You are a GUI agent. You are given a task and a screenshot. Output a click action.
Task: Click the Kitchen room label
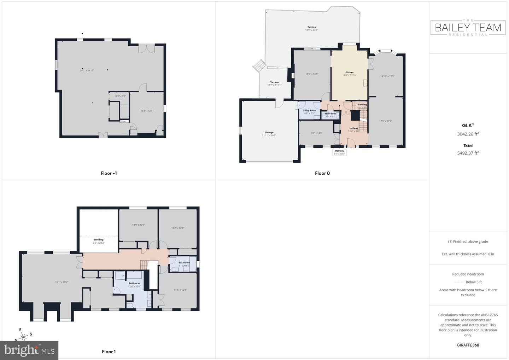pos(349,72)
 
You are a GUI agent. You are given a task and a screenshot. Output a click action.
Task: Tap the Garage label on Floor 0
pos(269,133)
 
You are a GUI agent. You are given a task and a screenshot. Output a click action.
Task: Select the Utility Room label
pos(309,111)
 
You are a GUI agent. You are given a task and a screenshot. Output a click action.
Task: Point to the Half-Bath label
pos(330,114)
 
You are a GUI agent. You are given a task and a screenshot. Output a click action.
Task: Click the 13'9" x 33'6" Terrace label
pos(311,27)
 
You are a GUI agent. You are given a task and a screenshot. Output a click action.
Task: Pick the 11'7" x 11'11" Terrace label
pos(274,82)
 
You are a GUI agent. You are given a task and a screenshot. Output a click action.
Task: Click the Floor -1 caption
pos(109,173)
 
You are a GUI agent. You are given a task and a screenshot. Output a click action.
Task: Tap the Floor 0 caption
pos(322,173)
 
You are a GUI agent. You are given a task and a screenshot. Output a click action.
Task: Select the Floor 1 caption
pos(109,352)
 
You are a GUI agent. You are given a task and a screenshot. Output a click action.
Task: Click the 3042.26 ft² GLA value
pos(468,134)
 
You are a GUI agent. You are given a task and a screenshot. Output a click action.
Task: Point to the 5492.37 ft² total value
pos(468,153)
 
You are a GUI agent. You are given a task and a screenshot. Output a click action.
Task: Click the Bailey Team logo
pos(468,28)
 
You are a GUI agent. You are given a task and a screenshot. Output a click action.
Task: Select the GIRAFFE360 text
pos(468,345)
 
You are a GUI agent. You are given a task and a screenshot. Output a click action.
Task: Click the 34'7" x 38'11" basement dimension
pos(87,70)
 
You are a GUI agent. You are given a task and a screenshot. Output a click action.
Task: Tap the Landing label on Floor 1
pos(99,240)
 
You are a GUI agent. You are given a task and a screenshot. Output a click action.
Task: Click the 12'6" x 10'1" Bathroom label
pos(134,283)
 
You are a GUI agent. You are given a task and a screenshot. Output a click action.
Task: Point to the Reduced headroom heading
pos(468,274)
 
